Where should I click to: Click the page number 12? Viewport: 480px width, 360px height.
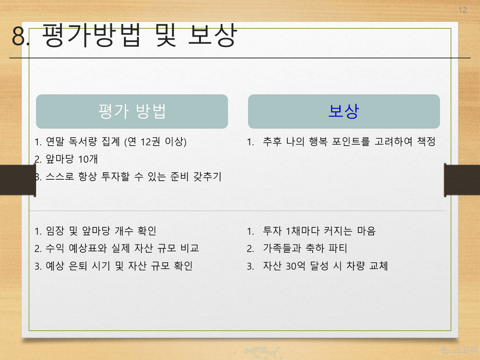(462, 10)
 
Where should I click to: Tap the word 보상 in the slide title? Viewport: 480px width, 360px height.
(212, 35)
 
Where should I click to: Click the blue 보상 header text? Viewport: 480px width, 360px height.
(344, 111)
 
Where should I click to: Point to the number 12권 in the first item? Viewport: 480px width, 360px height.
(150, 141)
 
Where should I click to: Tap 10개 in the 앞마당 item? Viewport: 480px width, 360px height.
(88, 159)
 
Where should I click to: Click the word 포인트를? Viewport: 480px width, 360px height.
(351, 141)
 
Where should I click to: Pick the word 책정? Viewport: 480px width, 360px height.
(426, 141)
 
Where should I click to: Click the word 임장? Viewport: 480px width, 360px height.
(55, 231)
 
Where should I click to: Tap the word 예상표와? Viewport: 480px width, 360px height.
(87, 248)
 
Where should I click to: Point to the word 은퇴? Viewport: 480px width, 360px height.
(78, 266)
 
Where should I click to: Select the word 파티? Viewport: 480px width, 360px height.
(338, 248)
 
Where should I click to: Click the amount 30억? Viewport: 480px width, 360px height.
(295, 266)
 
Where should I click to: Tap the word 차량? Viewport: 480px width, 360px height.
(355, 266)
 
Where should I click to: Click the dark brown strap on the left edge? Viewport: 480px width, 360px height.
(18, 180)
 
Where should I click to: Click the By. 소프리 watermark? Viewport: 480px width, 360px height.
(459, 350)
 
